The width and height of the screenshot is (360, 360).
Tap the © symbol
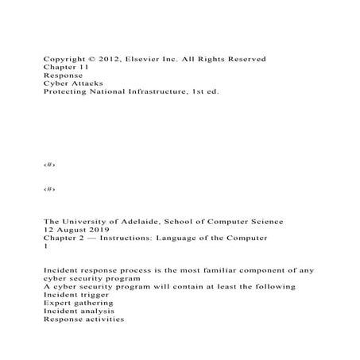94,60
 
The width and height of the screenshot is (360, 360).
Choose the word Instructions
135,237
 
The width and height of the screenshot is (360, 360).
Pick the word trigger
91,294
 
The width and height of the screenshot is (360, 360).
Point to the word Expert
59,302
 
